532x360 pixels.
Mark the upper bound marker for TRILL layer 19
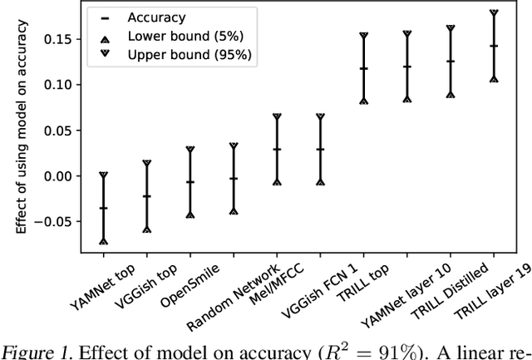coord(494,12)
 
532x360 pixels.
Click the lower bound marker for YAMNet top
coord(104,241)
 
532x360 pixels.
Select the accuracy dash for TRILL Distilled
coord(451,62)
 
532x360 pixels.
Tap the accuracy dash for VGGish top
coord(147,196)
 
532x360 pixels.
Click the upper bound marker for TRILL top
coord(364,35)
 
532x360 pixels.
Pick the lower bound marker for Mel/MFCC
coord(277,182)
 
